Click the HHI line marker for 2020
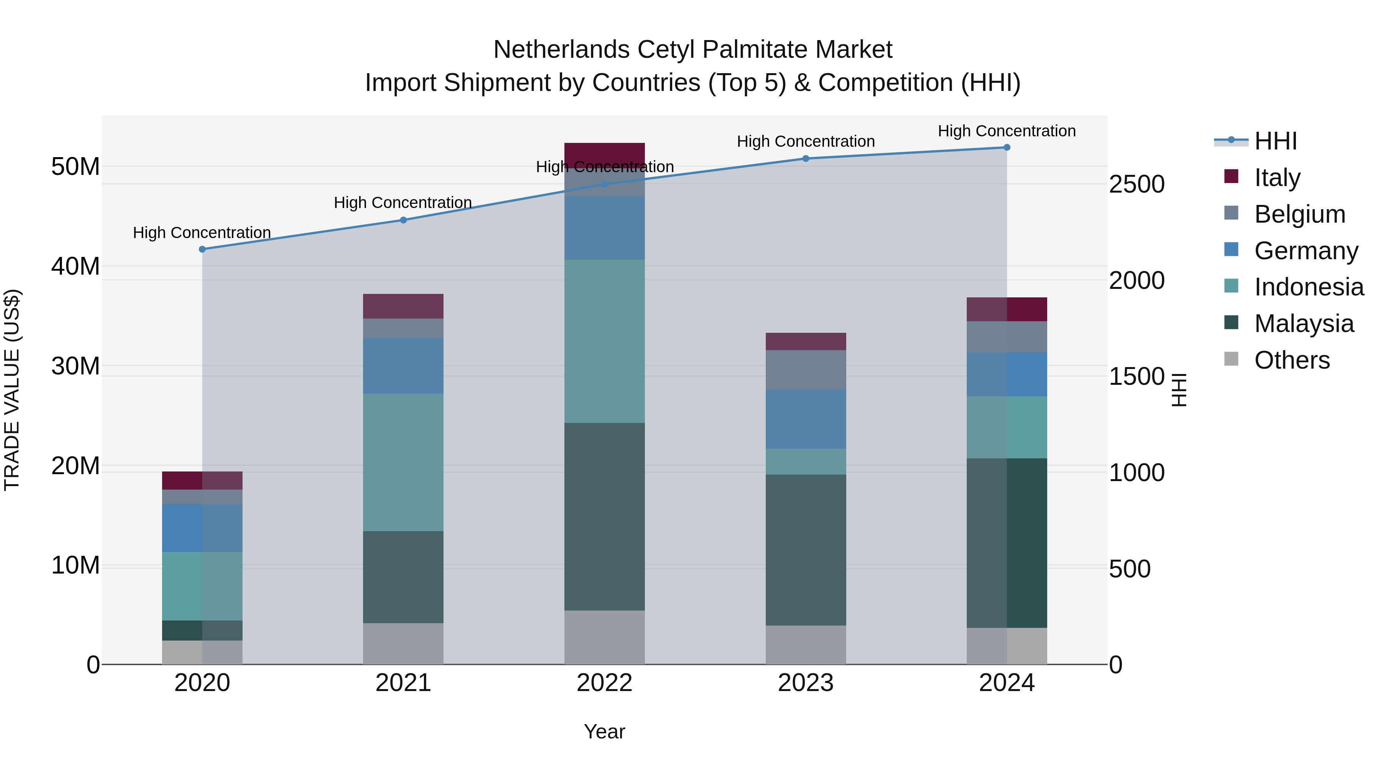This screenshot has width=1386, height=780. tap(202, 249)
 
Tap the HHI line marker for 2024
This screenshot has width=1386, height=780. tap(1007, 148)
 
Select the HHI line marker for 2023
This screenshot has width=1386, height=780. tap(805, 159)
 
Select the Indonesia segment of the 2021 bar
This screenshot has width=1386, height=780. tap(403, 462)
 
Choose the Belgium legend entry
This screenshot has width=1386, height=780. tap(1299, 214)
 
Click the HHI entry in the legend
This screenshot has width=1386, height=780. tap(1275, 141)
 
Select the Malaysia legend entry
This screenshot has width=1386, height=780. tap(1303, 324)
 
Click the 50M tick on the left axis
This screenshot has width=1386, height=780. tap(75, 166)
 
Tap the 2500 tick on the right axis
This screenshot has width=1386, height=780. tap(1137, 184)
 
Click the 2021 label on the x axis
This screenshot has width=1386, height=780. tap(403, 683)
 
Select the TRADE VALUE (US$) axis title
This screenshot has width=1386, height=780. tap(12, 390)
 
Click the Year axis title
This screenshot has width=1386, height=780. tap(604, 731)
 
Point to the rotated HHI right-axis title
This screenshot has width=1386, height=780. tap(1178, 390)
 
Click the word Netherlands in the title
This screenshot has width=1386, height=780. tap(561, 50)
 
